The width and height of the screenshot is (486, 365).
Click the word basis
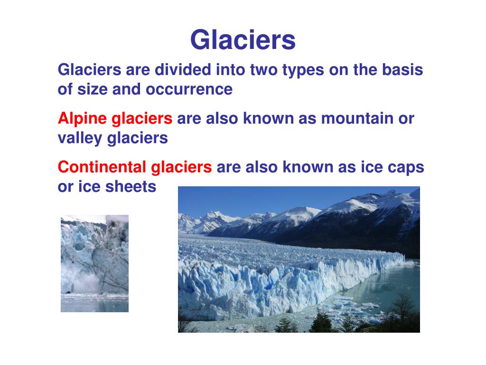point(402,70)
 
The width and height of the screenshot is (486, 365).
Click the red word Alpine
point(83,119)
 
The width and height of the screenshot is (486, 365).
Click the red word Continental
point(102,167)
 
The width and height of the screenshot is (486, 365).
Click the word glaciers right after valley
point(138,138)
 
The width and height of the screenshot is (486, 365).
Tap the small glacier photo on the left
point(94,263)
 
